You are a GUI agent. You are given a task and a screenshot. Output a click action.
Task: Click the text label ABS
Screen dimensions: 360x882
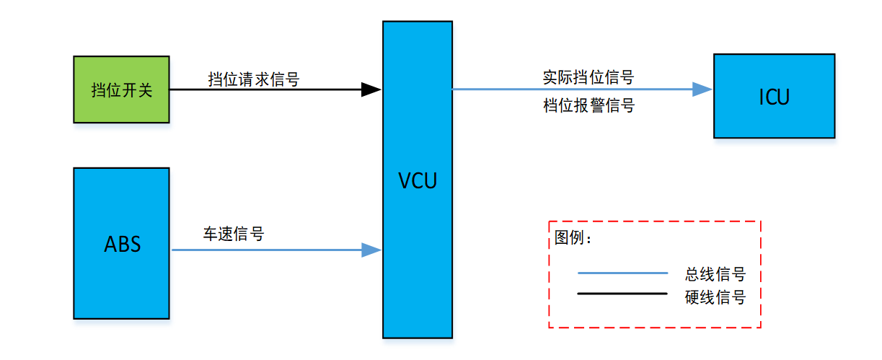[x=122, y=244]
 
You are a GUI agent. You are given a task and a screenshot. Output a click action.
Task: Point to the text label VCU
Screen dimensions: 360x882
[x=418, y=180]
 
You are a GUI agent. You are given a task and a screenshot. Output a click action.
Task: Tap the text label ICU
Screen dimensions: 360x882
[x=774, y=97]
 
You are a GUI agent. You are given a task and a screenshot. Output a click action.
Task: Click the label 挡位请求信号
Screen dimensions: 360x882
[x=253, y=79]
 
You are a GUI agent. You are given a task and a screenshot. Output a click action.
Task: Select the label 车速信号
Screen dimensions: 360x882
[x=233, y=234]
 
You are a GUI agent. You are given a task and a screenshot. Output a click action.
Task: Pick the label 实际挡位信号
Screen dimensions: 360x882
[x=588, y=77]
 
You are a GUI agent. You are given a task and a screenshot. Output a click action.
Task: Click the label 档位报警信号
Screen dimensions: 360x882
[x=588, y=106]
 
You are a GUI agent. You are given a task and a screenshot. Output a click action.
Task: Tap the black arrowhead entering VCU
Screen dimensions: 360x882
[x=371, y=89]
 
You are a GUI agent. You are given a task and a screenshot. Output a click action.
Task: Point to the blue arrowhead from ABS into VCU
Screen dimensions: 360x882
[x=371, y=250]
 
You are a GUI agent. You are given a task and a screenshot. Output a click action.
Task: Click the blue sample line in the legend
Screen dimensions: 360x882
[x=622, y=273]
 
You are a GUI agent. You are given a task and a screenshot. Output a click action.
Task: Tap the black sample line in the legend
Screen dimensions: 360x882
[x=622, y=294]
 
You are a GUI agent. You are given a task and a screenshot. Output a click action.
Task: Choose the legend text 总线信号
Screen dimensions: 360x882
[x=715, y=274]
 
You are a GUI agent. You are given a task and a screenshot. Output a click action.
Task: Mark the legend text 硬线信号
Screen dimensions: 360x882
[x=715, y=297]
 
